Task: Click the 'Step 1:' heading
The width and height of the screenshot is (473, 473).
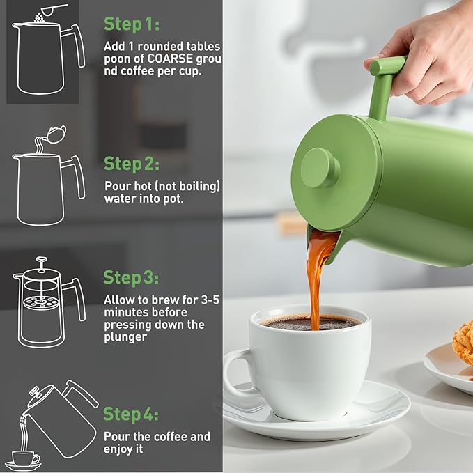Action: pos(132,24)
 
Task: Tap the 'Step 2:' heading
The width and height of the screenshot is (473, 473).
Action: pos(132,164)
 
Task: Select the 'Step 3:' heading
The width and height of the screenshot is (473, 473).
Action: pos(131,277)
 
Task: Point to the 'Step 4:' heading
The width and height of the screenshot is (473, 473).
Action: pos(131,414)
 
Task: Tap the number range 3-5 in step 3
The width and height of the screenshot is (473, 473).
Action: pos(210,300)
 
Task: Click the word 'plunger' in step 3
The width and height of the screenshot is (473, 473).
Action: pos(125,337)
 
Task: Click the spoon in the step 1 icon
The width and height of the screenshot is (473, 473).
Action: pos(53,10)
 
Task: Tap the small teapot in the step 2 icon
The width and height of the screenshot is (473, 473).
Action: pos(56,134)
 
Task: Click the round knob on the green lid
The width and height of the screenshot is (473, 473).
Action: pos(320,168)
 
